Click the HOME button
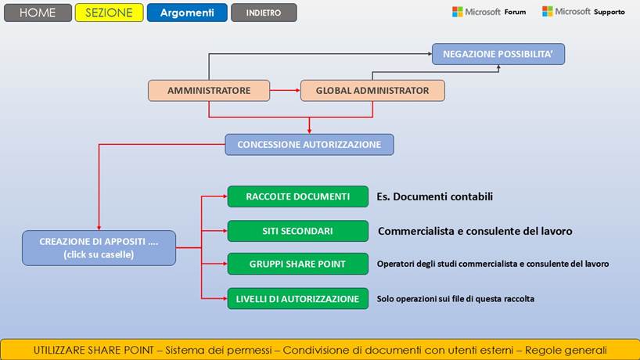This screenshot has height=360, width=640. pyautogui.click(x=37, y=13)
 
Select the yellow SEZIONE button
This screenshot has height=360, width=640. pyautogui.click(x=110, y=13)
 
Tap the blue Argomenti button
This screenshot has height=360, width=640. pyautogui.click(x=187, y=13)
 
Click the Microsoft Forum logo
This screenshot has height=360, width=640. pyautogui.click(x=489, y=12)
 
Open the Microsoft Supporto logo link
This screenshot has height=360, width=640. pyautogui.click(x=583, y=12)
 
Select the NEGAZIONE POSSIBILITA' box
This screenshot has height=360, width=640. pyautogui.click(x=498, y=54)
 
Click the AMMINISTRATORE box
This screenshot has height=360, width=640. pyautogui.click(x=209, y=91)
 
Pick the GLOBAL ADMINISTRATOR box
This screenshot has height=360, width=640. pyautogui.click(x=372, y=91)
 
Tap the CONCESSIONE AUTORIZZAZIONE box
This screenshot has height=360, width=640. pyautogui.click(x=309, y=144)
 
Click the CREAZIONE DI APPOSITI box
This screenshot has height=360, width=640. pyautogui.click(x=99, y=247)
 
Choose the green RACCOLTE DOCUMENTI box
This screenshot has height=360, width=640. pyautogui.click(x=297, y=196)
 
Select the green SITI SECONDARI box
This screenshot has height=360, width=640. pyautogui.click(x=297, y=231)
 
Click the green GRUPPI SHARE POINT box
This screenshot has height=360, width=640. pyautogui.click(x=297, y=264)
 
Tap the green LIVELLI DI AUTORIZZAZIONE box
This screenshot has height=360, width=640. pyautogui.click(x=297, y=298)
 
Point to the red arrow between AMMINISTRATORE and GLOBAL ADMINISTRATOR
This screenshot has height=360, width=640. pyautogui.click(x=285, y=91)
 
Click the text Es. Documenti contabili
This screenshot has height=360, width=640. pyautogui.click(x=435, y=196)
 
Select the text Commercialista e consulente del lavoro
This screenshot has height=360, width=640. pyautogui.click(x=475, y=231)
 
